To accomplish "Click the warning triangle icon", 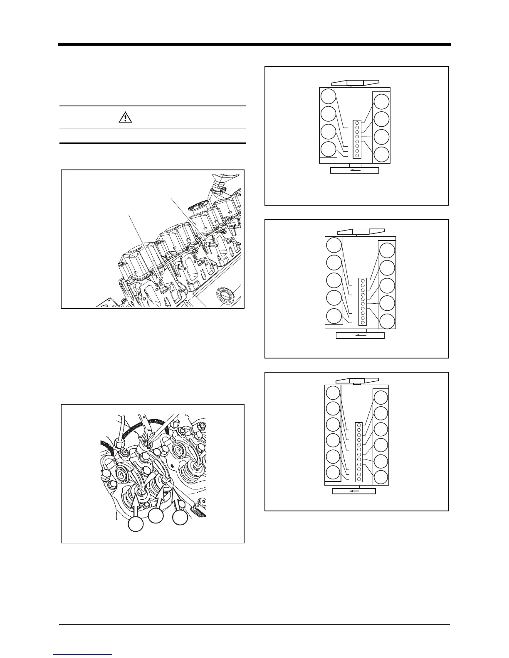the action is pos(125,118).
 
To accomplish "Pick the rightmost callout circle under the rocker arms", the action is pos(180,517).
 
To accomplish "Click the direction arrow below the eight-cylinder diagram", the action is pos(355,170).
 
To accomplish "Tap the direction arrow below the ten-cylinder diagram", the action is pos(360,335).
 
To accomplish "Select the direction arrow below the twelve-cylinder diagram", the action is pos(354,491).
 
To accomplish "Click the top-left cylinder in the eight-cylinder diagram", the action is pos(329,96).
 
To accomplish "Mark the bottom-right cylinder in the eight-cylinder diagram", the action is pos(381,155).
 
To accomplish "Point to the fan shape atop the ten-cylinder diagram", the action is pos(360,231).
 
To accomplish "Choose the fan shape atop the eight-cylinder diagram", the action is pos(355,83).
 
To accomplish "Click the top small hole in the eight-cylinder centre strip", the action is pos(357,123).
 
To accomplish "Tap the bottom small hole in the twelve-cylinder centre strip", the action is pos(358,479).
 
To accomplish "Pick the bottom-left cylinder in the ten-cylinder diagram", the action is pos(334,316).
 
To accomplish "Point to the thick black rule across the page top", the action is pos(254,44).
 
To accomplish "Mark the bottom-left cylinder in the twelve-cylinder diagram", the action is pos(333,473).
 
